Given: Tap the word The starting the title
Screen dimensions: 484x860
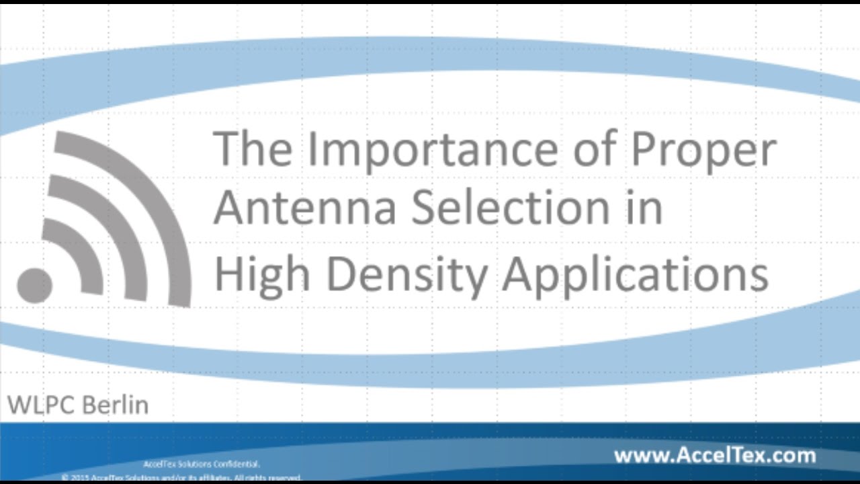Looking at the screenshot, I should [x=253, y=149].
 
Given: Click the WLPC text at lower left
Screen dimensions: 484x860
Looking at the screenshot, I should [x=41, y=405].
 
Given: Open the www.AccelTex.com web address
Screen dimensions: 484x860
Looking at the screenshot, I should [x=714, y=456].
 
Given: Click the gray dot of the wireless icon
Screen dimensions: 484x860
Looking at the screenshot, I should [x=34, y=284].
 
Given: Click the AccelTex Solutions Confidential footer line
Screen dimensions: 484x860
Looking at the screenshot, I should [x=202, y=464].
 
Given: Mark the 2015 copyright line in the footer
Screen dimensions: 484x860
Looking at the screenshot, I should [x=181, y=477].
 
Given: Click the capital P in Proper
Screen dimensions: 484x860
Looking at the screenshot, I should [x=644, y=149].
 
